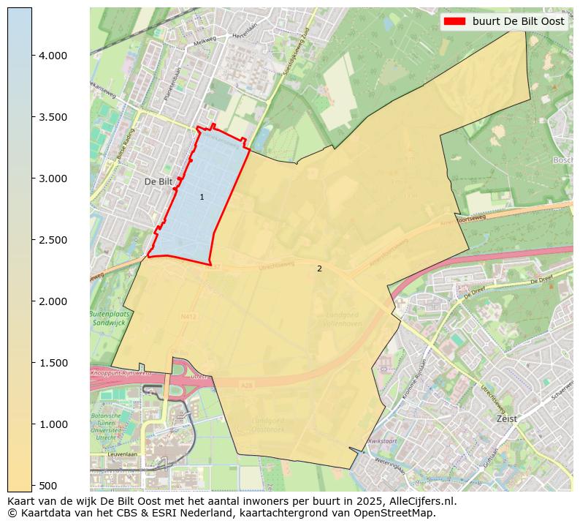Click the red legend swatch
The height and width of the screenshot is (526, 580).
[x=454, y=21]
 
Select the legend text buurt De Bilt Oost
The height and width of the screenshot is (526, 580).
[x=518, y=21]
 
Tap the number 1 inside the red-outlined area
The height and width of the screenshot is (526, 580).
[x=202, y=198]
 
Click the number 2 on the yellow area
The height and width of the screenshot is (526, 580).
[x=319, y=269]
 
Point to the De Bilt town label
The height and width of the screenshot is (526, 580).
[x=157, y=181]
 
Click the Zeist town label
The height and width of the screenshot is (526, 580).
[x=506, y=419]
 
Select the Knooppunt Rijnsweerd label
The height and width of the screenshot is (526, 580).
[x=119, y=373]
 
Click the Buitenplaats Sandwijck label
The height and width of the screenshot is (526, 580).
[x=108, y=318]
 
